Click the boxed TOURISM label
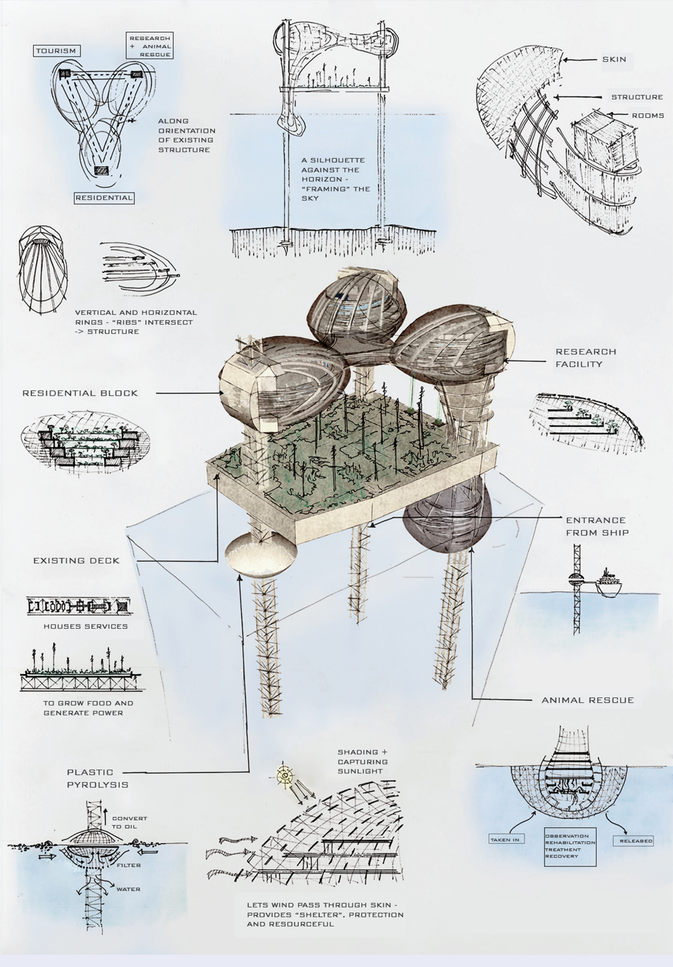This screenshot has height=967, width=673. pyautogui.click(x=56, y=51)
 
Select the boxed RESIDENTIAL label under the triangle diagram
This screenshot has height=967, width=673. pyautogui.click(x=104, y=198)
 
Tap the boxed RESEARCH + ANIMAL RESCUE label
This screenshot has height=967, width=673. pyautogui.click(x=149, y=46)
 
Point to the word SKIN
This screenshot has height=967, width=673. pyautogui.click(x=614, y=59)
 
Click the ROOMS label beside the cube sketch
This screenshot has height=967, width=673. pyautogui.click(x=648, y=115)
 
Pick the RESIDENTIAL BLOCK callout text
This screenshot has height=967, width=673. pyautogui.click(x=80, y=393)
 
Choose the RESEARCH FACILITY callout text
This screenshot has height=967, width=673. pyautogui.click(x=585, y=358)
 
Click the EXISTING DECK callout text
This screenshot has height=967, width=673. pyautogui.click(x=76, y=561)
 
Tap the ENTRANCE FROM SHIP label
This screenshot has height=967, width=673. pyautogui.click(x=597, y=526)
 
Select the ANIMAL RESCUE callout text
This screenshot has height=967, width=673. pyautogui.click(x=587, y=700)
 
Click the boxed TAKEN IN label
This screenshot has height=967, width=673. pyautogui.click(x=505, y=840)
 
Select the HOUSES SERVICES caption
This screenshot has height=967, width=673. pyautogui.click(x=86, y=626)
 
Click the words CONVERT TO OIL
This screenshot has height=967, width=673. pyautogui.click(x=129, y=823)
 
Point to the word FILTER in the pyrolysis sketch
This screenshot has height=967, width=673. pyautogui.click(x=129, y=865)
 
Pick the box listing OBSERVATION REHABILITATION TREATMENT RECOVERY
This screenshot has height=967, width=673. pyautogui.click(x=570, y=847)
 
